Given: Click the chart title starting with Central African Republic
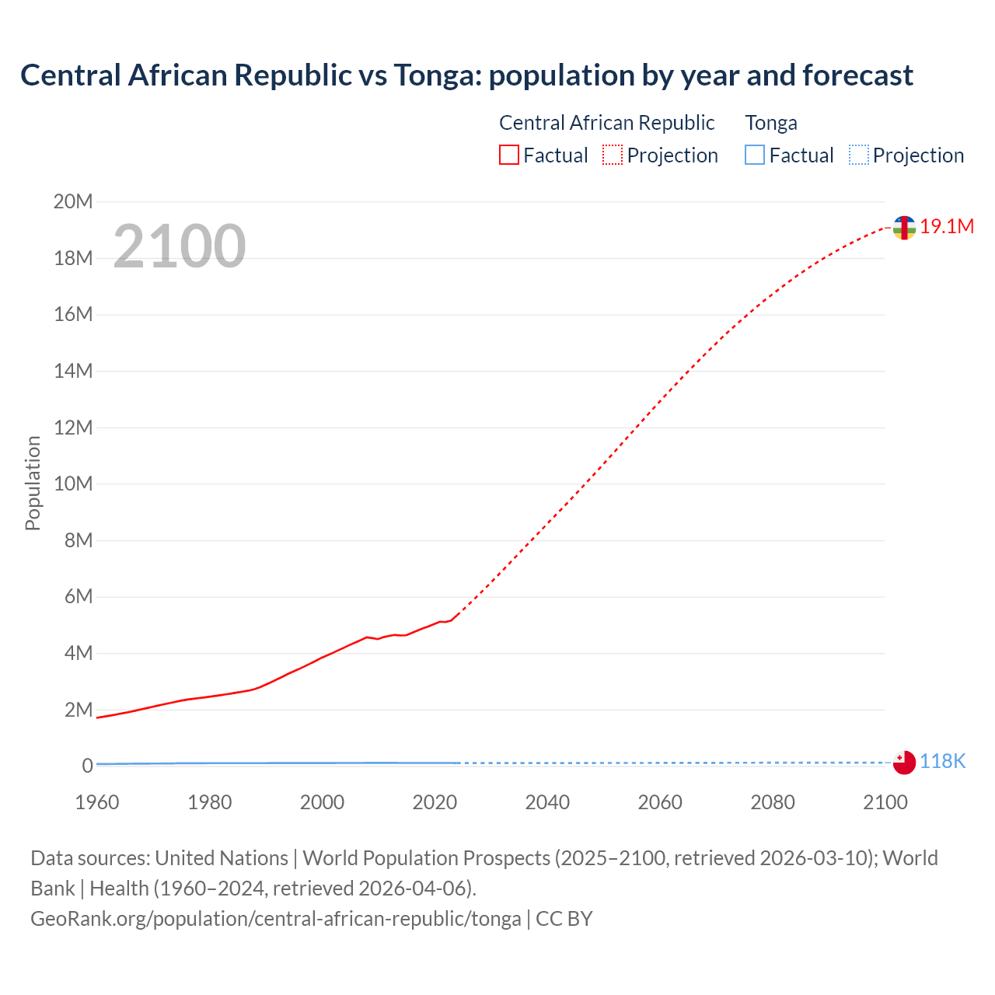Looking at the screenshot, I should pos(466,75).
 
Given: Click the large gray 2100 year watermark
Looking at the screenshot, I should pos(180,246).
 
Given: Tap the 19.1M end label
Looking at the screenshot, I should pos(946,226).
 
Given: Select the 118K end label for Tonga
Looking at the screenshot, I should pos(942,761).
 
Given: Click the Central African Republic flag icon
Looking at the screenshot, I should pos(904,228).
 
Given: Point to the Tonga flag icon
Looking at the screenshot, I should pos(904,763).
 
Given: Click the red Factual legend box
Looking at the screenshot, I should pos(509,155).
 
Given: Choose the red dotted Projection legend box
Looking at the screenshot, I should pos(613,155).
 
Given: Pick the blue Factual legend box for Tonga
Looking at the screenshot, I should pos(755,155).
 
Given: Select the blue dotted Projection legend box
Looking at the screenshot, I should pos(859,155).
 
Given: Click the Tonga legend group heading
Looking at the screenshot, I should pos(771,123).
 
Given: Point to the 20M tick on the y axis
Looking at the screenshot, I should pos(73,202).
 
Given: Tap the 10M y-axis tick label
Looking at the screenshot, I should pos(73,484).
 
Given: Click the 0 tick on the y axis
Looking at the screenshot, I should pos(87,766).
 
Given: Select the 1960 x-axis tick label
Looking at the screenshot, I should pos(97,802).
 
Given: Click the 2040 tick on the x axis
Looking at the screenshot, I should pos(547,802).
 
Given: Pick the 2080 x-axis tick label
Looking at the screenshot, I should pos(773,802).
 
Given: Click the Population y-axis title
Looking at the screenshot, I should pos(33,483).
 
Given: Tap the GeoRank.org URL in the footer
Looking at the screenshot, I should pos(276,918).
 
